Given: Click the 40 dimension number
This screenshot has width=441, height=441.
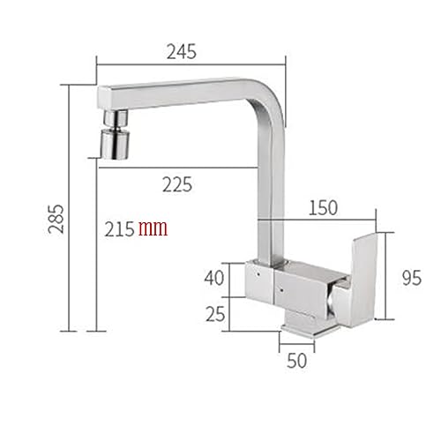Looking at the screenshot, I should click(x=213, y=278).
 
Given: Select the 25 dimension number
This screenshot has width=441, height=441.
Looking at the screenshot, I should click(x=214, y=312).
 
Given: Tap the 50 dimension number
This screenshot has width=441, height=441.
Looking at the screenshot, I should click(x=297, y=360).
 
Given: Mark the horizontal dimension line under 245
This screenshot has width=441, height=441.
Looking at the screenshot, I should click(x=191, y=64).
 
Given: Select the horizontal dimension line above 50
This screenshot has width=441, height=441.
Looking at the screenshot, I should click(x=297, y=345).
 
